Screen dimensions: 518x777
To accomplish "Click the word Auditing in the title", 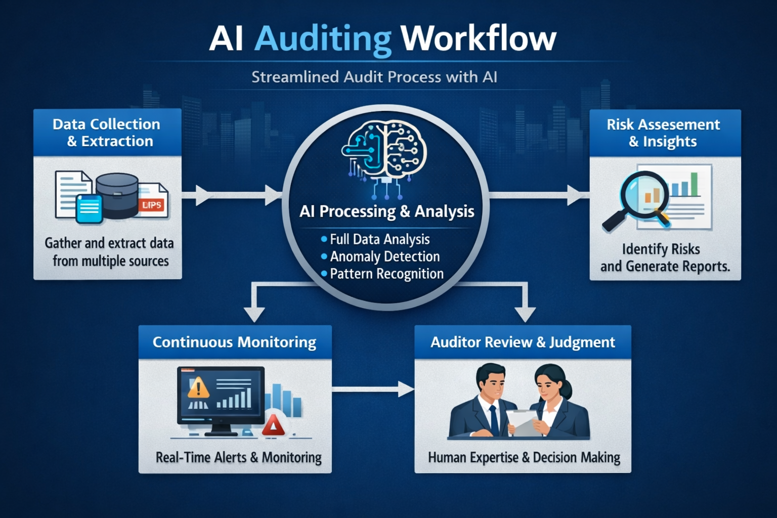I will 323,38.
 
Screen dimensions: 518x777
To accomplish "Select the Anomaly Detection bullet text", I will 384,256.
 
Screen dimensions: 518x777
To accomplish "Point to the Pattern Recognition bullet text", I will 386,274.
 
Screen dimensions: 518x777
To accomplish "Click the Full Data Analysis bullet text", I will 379,239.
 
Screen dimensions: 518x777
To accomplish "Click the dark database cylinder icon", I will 117,195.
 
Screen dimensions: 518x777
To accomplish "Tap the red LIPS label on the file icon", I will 152,205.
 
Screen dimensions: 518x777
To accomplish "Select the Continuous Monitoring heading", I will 234,342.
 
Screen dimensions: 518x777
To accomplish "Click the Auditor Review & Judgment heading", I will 523,342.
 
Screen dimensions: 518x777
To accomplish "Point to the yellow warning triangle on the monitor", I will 198,388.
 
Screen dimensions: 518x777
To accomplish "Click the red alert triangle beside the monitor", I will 274,426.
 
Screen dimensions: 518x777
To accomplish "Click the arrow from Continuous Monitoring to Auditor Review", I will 373,389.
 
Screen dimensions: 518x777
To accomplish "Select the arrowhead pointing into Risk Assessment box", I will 576,195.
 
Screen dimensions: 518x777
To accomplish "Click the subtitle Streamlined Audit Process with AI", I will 374,77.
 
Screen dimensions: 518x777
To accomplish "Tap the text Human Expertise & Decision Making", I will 524,458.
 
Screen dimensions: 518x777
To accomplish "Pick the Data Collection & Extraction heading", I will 107,133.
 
